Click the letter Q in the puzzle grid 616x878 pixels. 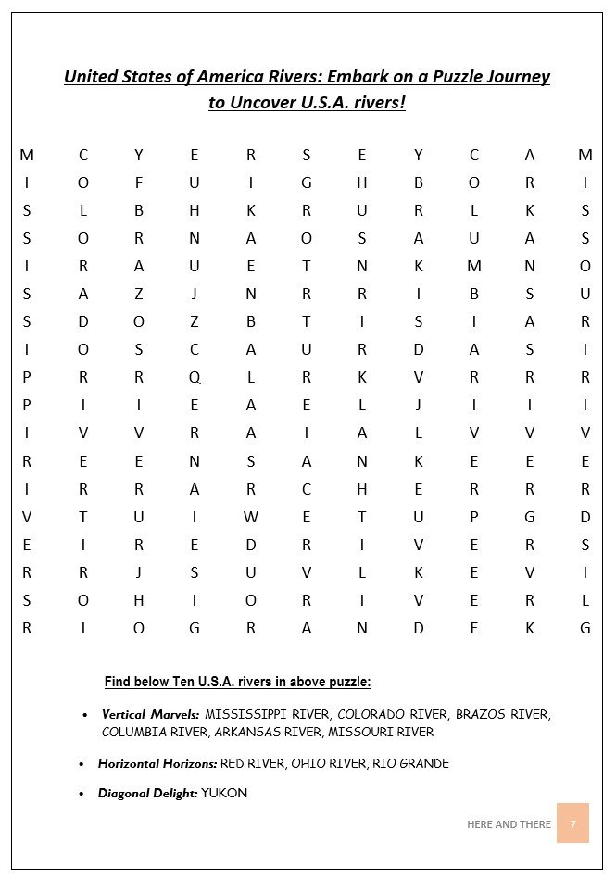(x=195, y=377)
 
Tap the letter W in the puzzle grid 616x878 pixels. (x=250, y=516)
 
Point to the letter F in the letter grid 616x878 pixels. (x=139, y=182)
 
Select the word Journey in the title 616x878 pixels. (x=514, y=76)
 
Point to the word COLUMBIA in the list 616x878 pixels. (x=135, y=732)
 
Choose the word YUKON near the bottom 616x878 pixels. (x=224, y=793)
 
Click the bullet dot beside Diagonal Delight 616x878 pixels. (x=85, y=794)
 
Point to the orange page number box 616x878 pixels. (x=572, y=823)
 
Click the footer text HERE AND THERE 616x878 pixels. (x=509, y=823)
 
